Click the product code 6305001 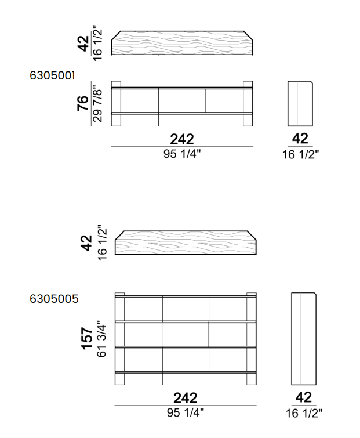pyautogui.click(x=52, y=75)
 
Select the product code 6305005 pyautogui.click(x=54, y=299)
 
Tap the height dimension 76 pyautogui.click(x=83, y=103)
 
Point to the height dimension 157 pyautogui.click(x=86, y=338)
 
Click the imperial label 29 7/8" pyautogui.click(x=97, y=104)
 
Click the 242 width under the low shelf pyautogui.click(x=182, y=139)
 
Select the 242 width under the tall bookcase pyautogui.click(x=186, y=398)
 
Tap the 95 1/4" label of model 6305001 pyautogui.click(x=182, y=154)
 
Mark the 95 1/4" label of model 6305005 pyautogui.click(x=186, y=412)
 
